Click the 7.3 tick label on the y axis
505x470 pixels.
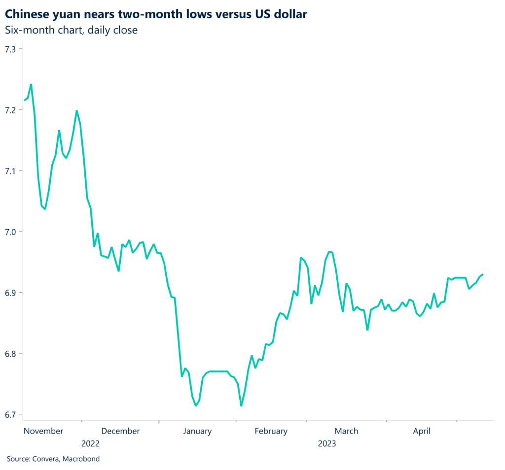tap(10, 49)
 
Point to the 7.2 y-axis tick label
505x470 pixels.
tap(10, 110)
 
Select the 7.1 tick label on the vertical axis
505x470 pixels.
tap(10, 171)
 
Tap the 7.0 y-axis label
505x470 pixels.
tap(10, 232)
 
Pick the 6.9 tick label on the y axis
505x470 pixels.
tap(10, 293)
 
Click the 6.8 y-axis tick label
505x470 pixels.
tap(10, 354)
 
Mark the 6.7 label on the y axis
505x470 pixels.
tap(10, 414)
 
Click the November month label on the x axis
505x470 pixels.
tap(43, 431)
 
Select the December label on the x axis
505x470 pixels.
tap(121, 431)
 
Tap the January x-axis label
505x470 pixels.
tap(197, 431)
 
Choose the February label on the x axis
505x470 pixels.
tap(271, 431)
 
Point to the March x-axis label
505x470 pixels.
tap(347, 431)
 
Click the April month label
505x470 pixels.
tap(422, 431)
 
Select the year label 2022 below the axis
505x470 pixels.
tap(90, 443)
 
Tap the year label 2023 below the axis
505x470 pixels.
tap(326, 443)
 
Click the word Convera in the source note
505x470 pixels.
tap(47, 459)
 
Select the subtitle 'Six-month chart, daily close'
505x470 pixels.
tap(71, 30)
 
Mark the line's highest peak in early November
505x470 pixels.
tap(31, 84)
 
